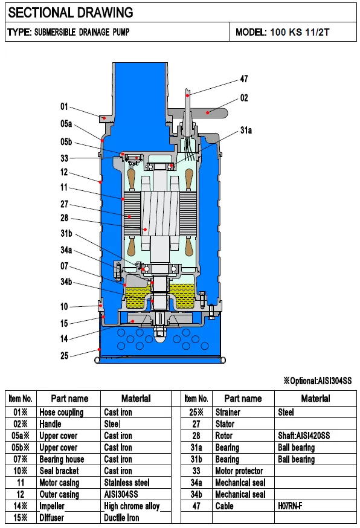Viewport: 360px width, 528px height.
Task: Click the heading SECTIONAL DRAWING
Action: click(x=71, y=13)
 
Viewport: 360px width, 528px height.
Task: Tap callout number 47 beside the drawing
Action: click(x=243, y=79)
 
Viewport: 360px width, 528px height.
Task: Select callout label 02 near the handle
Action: click(x=243, y=98)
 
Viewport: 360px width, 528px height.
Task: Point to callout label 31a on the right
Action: click(x=246, y=130)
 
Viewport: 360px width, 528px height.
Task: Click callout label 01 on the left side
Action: click(x=65, y=106)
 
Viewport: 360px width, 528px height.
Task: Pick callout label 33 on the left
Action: click(x=65, y=158)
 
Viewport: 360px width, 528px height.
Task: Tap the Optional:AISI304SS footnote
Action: click(x=317, y=381)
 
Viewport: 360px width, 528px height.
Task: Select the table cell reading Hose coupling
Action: click(x=61, y=412)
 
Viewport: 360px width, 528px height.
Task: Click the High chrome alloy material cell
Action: click(x=132, y=506)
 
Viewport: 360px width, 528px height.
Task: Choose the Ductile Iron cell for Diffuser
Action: click(x=121, y=518)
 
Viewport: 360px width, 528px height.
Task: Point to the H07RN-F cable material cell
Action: click(x=289, y=506)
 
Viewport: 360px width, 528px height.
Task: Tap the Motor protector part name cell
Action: click(x=239, y=471)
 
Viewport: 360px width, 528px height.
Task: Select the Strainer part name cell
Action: click(x=228, y=412)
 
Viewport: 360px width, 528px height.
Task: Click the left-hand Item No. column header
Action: click(x=20, y=399)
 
